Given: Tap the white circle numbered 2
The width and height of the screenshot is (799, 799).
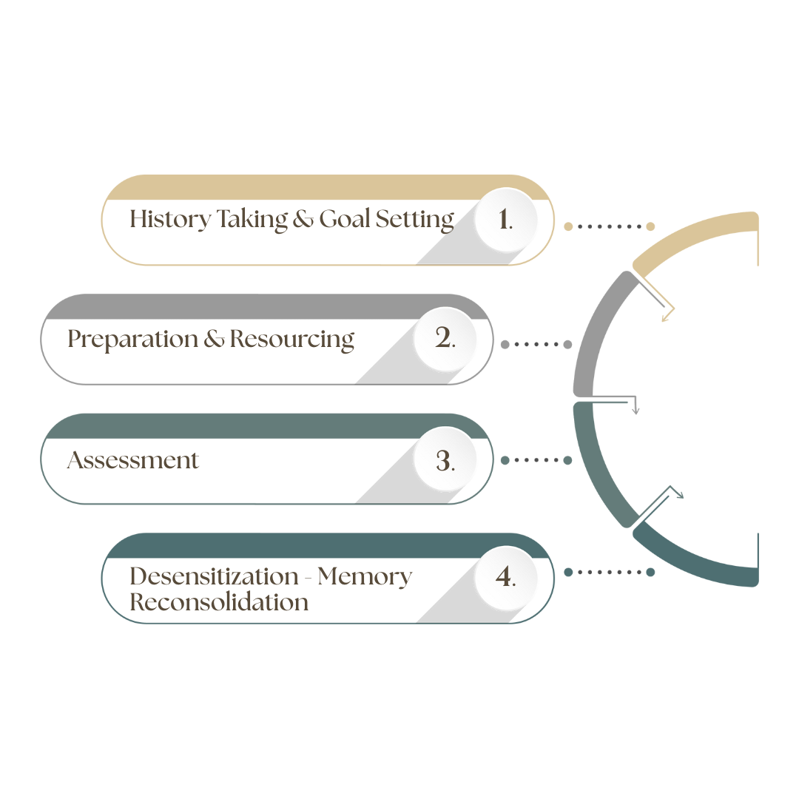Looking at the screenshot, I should (444, 339).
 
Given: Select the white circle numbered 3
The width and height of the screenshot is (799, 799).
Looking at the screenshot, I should (444, 460).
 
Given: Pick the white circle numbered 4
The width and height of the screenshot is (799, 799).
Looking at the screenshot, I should (505, 577).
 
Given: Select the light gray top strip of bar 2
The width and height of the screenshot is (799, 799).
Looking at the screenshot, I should (259, 308).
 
